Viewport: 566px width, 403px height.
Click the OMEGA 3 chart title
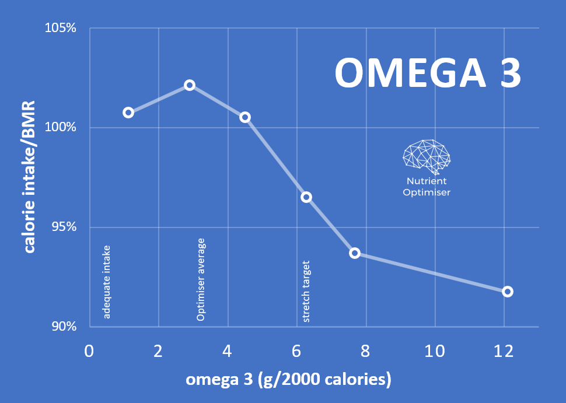point(428,73)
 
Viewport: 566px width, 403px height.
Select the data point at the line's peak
point(190,85)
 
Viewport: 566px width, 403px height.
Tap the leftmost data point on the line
point(128,113)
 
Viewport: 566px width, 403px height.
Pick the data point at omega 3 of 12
point(508,292)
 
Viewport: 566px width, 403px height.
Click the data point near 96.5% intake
point(306,197)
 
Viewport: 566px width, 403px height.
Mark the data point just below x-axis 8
point(355,253)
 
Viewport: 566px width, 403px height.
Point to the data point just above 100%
point(245,117)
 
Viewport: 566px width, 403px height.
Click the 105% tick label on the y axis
point(61,28)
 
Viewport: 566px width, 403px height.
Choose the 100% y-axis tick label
point(61,127)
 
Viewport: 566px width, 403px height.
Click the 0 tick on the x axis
point(89,352)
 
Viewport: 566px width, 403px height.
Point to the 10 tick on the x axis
point(435,352)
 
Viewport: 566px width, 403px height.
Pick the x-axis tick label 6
point(296,352)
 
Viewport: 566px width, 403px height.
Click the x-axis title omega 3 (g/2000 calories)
point(288,380)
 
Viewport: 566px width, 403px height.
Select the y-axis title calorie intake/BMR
point(29,177)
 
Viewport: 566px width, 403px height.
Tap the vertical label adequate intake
point(107,282)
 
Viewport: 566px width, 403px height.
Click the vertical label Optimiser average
point(201,279)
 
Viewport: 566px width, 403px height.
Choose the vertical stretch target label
point(306,292)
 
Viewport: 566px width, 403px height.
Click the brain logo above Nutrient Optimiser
point(427,156)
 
